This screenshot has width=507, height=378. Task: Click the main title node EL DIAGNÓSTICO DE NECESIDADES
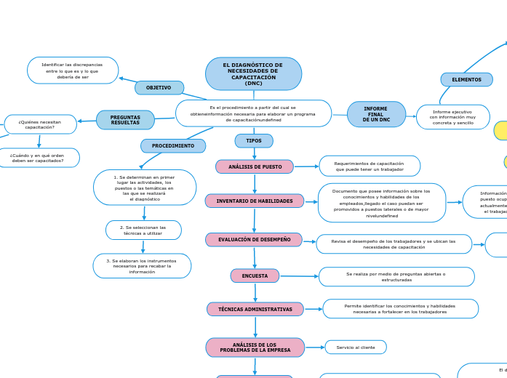coord(253,74)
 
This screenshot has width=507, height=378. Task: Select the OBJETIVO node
coord(159,88)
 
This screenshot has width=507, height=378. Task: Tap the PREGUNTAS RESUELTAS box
coord(125,120)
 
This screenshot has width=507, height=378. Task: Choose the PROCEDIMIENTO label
coord(173,146)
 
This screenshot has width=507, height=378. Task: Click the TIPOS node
coord(254,141)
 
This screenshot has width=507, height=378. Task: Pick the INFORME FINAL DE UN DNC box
coord(376,114)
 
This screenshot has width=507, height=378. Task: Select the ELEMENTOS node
coord(466,80)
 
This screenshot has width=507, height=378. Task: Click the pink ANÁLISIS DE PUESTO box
coord(255,167)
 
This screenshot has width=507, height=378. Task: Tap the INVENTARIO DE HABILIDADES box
coord(255,201)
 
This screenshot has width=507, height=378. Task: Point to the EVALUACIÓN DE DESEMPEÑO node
coord(254,240)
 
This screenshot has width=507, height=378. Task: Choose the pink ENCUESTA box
coord(255,276)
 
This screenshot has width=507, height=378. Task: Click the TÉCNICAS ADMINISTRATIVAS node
coord(255,310)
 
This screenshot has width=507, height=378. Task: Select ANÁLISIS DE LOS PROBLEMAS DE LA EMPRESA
coord(255,347)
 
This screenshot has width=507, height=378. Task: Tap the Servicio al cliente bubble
coord(356,347)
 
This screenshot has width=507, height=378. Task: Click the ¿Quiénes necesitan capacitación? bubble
coord(40,124)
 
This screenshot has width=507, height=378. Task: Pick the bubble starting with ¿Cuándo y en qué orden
coord(37,158)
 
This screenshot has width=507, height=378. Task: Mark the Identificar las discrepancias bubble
coord(73,71)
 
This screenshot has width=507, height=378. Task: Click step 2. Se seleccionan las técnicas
coord(143,230)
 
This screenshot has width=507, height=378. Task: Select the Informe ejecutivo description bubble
coord(452,117)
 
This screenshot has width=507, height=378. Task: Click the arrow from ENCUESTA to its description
coord(299,276)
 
